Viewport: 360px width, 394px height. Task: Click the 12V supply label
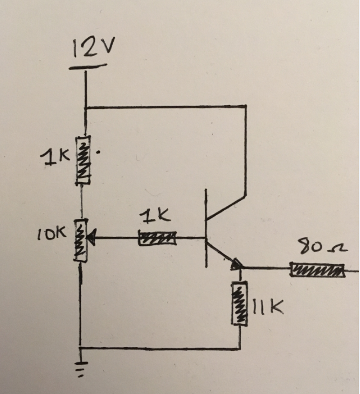pos(93,47)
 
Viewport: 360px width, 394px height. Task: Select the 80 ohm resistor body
pos(317,271)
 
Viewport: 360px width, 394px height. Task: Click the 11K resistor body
pos(240,303)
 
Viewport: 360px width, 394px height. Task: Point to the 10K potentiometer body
pos(81,240)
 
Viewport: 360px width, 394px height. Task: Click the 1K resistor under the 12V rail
pos(83,160)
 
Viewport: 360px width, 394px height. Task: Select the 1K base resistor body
pos(157,238)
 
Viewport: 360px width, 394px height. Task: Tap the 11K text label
pos(268,306)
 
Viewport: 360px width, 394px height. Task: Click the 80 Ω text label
pos(322,246)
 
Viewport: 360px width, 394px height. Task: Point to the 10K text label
pos(52,233)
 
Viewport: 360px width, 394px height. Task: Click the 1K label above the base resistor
pos(155,217)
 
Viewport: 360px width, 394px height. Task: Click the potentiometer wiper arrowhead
pos(91,238)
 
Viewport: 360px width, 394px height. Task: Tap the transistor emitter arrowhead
pos(237,264)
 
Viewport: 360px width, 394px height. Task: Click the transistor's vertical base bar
pos(206,228)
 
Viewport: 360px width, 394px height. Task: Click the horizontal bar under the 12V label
pos(88,66)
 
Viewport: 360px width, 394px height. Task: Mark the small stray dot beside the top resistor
pos(99,152)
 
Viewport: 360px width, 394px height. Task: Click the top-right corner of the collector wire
pos(246,107)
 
